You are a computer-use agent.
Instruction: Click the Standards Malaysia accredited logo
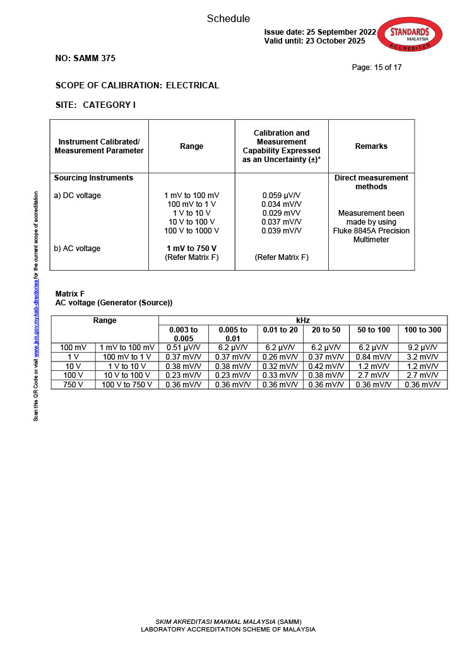(x=409, y=35)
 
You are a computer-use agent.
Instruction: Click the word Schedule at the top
(x=228, y=19)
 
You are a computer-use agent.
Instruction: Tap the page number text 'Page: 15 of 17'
(x=377, y=68)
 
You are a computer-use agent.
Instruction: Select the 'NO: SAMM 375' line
(x=85, y=58)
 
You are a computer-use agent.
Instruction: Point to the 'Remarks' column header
(x=371, y=146)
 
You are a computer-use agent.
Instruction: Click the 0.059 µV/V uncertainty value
(x=282, y=196)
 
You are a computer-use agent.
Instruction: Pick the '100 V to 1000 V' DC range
(x=192, y=231)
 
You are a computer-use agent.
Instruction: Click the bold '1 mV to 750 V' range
(x=192, y=249)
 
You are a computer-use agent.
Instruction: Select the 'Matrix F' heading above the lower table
(x=70, y=294)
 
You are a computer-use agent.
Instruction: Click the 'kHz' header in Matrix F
(x=303, y=320)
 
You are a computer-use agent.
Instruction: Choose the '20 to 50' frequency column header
(x=326, y=330)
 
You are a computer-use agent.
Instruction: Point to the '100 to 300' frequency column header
(x=423, y=330)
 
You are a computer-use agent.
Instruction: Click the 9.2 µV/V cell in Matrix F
(x=423, y=348)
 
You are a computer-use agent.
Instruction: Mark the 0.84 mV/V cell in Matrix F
(x=374, y=357)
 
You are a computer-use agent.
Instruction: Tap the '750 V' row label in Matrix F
(x=73, y=385)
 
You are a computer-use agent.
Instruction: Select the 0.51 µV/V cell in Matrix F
(x=184, y=348)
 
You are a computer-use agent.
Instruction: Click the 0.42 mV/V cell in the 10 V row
(x=326, y=367)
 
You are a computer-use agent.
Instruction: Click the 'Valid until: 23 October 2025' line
(x=314, y=41)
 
